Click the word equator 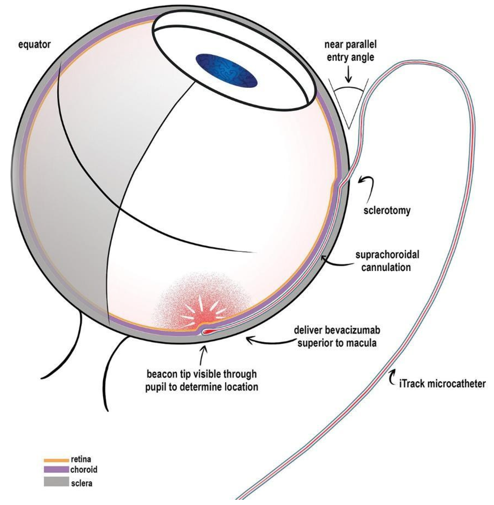click(x=34, y=45)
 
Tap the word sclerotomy click(x=387, y=210)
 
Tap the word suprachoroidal click(x=387, y=255)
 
